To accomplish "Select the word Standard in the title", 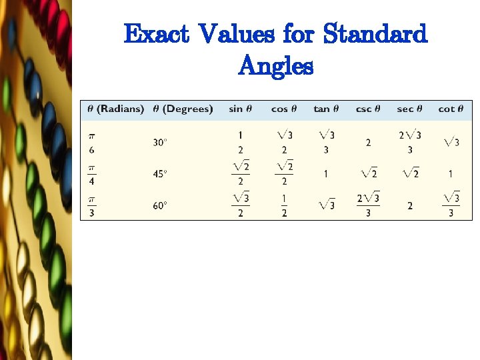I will [374, 34].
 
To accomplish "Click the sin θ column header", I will [240, 109].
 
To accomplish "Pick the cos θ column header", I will [285, 109].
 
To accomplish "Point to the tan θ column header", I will [326, 109].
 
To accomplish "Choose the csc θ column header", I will [367, 109].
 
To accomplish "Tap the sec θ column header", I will [409, 109].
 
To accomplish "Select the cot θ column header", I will [451, 109].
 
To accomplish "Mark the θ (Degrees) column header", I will [183, 109].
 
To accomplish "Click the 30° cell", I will [160, 142].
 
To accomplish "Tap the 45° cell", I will [160, 174].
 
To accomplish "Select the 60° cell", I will [160, 206].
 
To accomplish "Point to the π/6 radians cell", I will [91, 142].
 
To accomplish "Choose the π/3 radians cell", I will [91, 206].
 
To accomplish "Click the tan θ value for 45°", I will [326, 174].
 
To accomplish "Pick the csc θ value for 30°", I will [368, 142].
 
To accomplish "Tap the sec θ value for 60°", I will [409, 206].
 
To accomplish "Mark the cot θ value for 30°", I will [451, 142].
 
